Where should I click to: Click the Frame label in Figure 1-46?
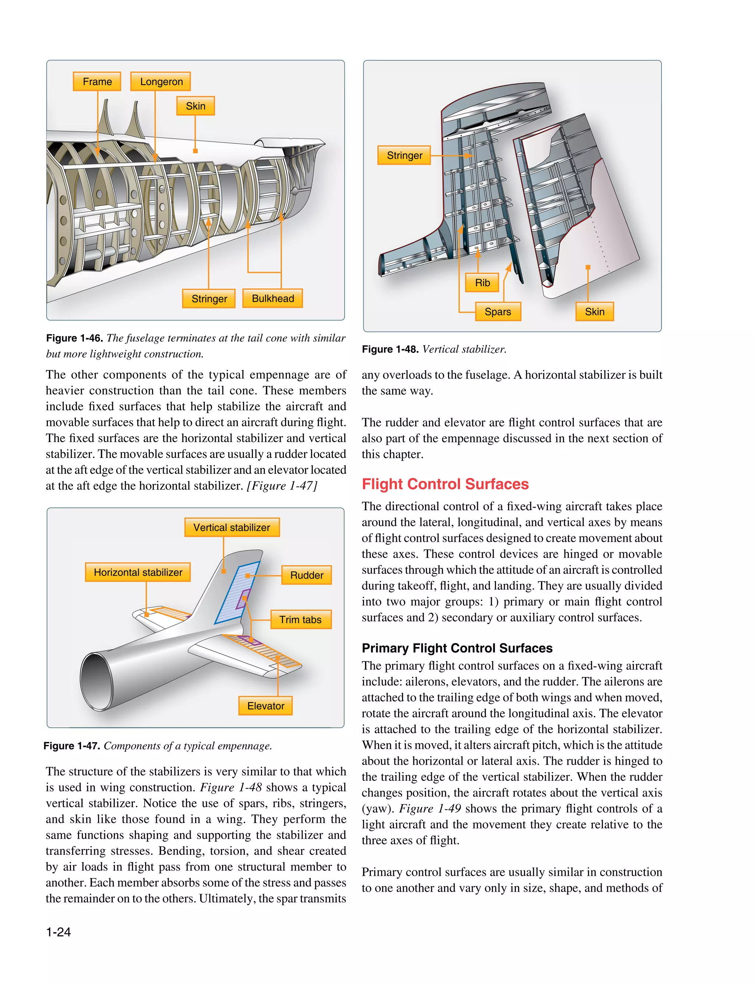pyautogui.click(x=97, y=82)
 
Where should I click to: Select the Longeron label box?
pyautogui.click(x=161, y=82)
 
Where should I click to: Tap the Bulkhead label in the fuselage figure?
pyautogui.click(x=272, y=298)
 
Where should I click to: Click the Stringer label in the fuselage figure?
pyautogui.click(x=209, y=298)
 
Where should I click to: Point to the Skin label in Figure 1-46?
pyautogui.click(x=195, y=106)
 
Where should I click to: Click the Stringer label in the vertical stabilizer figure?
pyautogui.click(x=404, y=155)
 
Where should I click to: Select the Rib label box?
pyautogui.click(x=482, y=283)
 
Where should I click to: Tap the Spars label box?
pyautogui.click(x=498, y=312)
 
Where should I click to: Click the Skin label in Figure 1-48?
pyautogui.click(x=594, y=312)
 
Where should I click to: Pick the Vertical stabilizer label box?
pyautogui.click(x=232, y=527)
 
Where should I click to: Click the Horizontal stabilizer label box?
pyautogui.click(x=138, y=572)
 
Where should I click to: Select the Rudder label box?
pyautogui.click(x=307, y=575)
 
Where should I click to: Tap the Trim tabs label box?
pyautogui.click(x=300, y=619)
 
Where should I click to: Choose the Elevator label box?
pyautogui.click(x=265, y=706)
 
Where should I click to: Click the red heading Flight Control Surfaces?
pyautogui.click(x=445, y=484)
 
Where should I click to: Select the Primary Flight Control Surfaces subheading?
pyautogui.click(x=457, y=648)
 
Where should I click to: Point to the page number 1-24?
pyautogui.click(x=58, y=932)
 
